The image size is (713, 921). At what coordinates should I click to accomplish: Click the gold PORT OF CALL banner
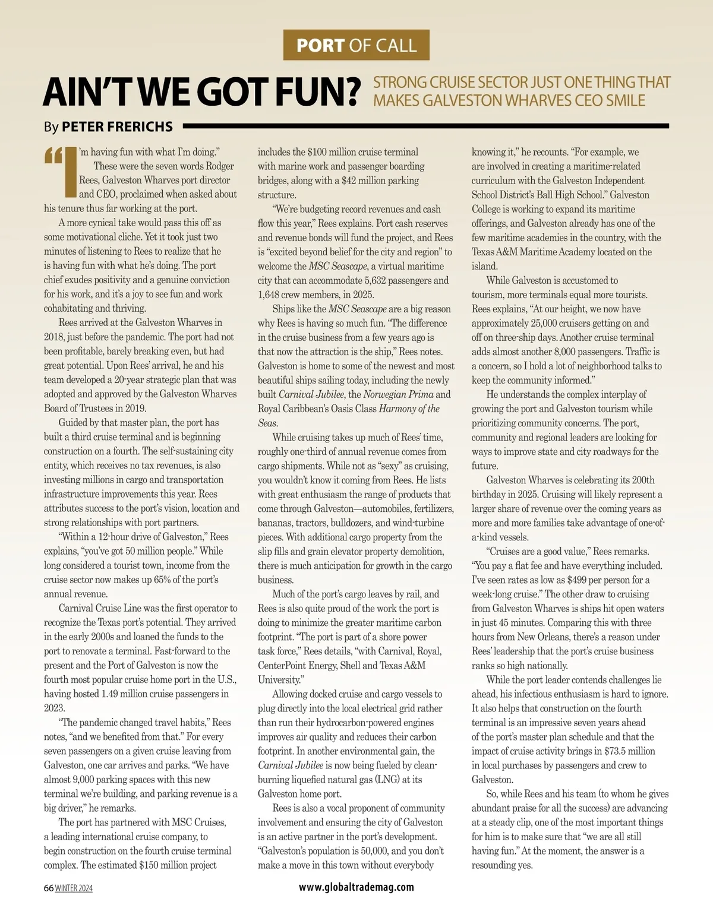[x=356, y=45]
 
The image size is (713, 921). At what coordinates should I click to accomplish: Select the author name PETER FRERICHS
[x=117, y=126]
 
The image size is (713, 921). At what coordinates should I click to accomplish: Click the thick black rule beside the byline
[x=425, y=126]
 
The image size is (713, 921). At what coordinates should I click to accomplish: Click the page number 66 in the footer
[x=49, y=888]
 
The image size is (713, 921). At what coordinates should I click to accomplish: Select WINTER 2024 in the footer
[x=74, y=888]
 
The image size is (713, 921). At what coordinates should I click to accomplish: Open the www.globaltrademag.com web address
[x=356, y=887]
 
